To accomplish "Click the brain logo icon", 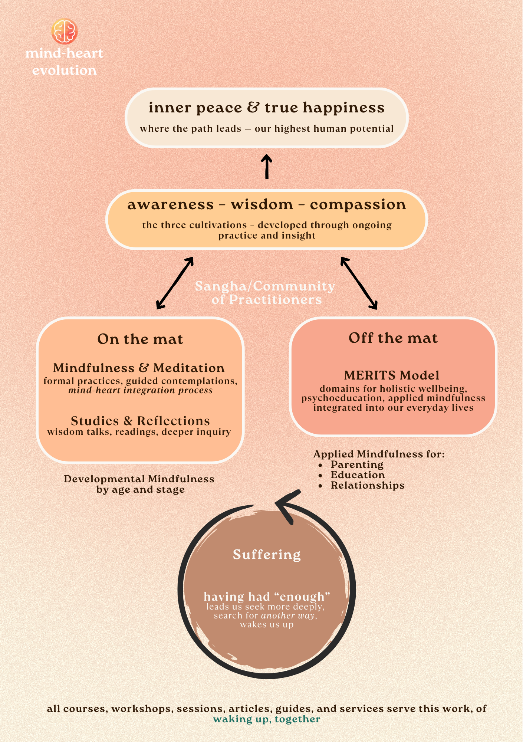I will tap(64, 32).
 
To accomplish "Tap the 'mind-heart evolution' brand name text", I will tap(64, 62).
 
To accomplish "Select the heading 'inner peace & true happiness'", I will tap(266, 108).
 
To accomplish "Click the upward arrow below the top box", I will tap(266, 166).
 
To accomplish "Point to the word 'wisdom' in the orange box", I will tap(262, 204).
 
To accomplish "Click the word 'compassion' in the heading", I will tap(358, 204).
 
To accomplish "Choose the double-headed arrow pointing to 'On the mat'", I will tap(175, 283).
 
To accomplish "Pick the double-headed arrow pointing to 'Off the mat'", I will tap(359, 283).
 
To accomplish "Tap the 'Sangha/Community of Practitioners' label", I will tap(265, 293).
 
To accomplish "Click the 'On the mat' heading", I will tap(140, 339).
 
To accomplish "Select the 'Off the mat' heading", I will tap(393, 338).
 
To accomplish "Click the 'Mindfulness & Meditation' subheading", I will tap(139, 368).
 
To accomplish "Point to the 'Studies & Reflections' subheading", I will tap(140, 421).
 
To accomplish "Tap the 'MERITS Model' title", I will tap(392, 375).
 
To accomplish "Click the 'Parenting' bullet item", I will tap(357, 464).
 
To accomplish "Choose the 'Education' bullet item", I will tap(358, 475).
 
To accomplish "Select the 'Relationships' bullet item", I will tap(367, 485).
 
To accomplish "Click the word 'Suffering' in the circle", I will tap(267, 555).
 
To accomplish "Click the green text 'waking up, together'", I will tap(266, 719).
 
